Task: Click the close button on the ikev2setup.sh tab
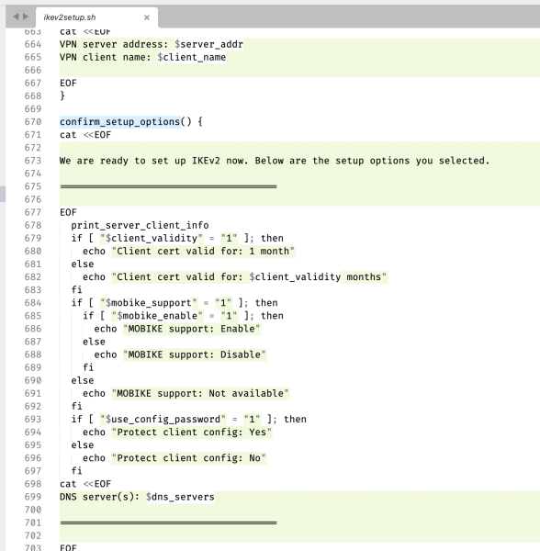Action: click(147, 17)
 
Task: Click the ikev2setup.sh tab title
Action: click(70, 17)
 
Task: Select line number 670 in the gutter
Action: click(33, 122)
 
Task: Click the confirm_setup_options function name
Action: click(119, 122)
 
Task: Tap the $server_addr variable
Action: click(208, 44)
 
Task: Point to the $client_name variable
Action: click(191, 57)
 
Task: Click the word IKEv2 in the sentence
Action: click(206, 161)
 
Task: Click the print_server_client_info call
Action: click(140, 225)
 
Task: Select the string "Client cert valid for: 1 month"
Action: click(204, 252)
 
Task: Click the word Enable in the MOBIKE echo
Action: click(238, 329)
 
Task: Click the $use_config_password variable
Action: click(163, 420)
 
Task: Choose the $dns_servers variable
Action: click(180, 497)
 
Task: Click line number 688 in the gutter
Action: click(33, 354)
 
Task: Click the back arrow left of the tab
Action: click(16, 17)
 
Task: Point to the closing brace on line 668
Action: click(62, 96)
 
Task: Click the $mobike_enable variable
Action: click(157, 316)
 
